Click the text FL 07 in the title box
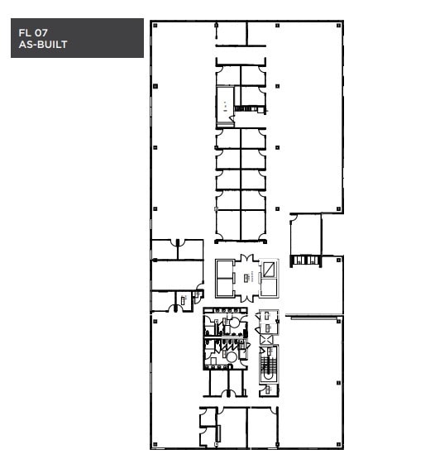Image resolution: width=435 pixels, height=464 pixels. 31,33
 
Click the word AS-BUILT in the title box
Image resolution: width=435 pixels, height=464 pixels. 42,45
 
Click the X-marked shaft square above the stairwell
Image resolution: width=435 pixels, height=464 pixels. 266,338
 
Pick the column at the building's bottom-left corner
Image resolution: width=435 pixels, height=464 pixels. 153,446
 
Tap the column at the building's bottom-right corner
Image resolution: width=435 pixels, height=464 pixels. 339,446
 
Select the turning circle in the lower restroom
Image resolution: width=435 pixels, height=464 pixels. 232,356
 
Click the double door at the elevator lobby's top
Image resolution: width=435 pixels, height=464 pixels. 246,260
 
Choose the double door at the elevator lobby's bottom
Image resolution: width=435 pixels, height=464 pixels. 246,297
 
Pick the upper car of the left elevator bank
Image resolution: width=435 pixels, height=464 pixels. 225,269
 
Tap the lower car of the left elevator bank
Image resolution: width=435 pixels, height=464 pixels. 225,286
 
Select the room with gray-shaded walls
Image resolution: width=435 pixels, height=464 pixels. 225,107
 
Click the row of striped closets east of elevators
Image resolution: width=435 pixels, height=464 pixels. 307,261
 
